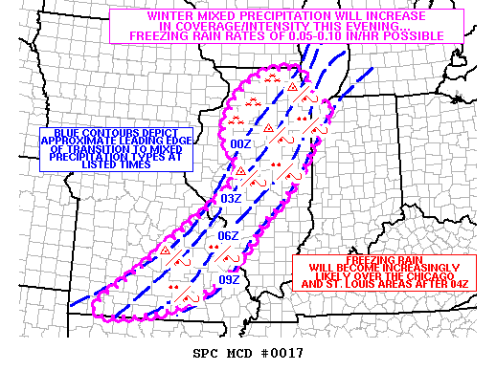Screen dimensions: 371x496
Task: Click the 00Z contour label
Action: (240, 144)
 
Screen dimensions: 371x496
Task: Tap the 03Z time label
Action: (230, 198)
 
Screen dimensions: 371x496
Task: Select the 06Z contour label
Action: (228, 235)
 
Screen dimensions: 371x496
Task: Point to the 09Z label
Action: (229, 279)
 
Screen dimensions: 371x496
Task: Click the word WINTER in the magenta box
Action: (174, 16)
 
